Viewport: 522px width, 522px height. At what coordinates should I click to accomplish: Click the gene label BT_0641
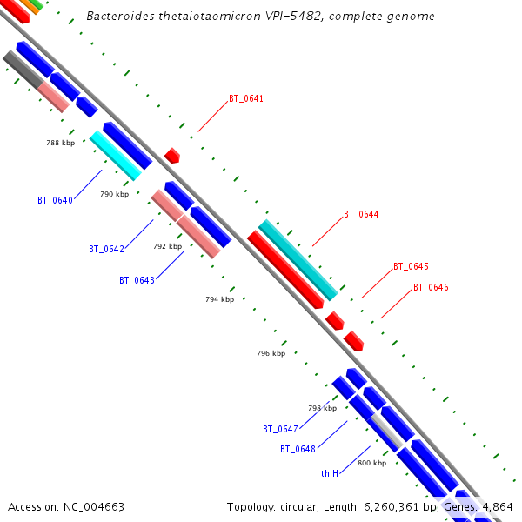(x=246, y=99)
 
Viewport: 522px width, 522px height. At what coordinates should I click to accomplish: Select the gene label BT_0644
(x=361, y=214)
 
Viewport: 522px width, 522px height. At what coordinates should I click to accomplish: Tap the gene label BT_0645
(x=411, y=266)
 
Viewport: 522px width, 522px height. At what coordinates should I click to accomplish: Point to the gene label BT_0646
(x=431, y=287)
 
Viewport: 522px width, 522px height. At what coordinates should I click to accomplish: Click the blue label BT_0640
(x=55, y=200)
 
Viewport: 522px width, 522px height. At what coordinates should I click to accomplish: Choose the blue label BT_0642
(x=106, y=249)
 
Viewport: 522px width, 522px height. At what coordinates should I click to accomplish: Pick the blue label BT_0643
(x=137, y=280)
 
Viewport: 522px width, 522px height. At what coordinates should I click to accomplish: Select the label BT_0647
(x=280, y=429)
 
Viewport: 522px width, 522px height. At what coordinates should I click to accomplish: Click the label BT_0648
(x=298, y=449)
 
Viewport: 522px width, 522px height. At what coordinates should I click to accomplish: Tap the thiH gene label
(x=329, y=473)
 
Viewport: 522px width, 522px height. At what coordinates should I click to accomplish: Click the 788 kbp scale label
(x=60, y=143)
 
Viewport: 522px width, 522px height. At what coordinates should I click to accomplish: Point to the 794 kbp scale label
(x=219, y=299)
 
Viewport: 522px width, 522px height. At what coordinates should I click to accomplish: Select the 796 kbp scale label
(x=271, y=353)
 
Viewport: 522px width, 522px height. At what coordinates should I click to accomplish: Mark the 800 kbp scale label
(x=371, y=463)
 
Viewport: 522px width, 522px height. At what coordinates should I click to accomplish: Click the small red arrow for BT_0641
(x=172, y=156)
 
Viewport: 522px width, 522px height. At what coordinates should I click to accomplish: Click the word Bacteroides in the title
(x=121, y=17)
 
